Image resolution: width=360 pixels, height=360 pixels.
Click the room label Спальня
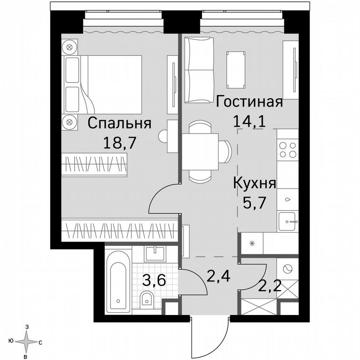click(119, 124)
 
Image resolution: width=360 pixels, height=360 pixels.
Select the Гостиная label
click(250, 102)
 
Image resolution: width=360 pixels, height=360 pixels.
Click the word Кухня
click(254, 183)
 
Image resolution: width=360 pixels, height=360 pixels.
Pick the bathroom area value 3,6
click(154, 280)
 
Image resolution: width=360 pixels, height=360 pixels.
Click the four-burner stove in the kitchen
click(288, 150)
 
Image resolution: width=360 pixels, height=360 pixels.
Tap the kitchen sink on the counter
click(287, 219)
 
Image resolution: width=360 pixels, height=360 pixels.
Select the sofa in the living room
click(199, 70)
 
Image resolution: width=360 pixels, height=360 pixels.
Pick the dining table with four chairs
click(201, 151)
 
